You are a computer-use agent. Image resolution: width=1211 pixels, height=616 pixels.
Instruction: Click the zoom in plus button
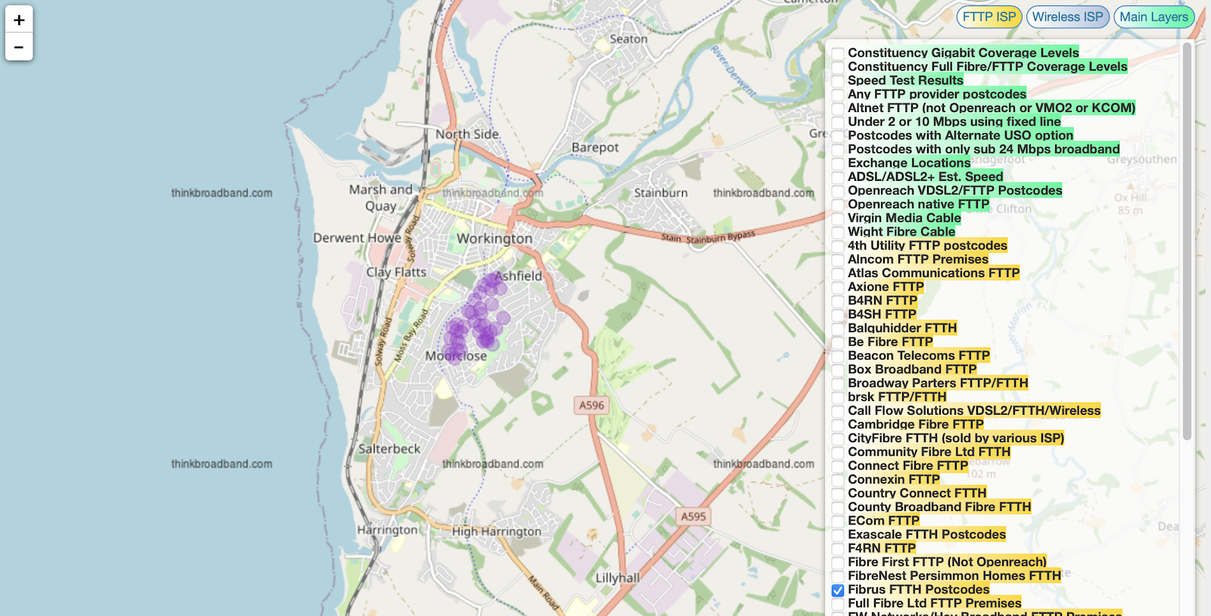(x=19, y=20)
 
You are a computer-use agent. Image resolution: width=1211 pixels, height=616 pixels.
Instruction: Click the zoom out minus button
(x=19, y=47)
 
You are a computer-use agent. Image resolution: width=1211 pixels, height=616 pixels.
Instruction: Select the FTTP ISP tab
(x=988, y=17)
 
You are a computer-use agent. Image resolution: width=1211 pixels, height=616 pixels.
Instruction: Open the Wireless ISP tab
(x=1067, y=17)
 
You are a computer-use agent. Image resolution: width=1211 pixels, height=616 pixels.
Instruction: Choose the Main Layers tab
(x=1153, y=17)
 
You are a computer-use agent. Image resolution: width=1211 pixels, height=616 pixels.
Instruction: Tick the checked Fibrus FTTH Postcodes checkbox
(x=838, y=590)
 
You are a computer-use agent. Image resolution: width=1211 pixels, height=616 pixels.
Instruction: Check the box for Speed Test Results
(x=838, y=81)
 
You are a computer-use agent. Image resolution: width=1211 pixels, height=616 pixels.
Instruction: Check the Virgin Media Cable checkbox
(x=838, y=219)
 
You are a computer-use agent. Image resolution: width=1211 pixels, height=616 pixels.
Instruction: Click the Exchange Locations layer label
(x=908, y=163)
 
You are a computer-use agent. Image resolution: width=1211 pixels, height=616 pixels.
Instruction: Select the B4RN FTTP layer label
(x=882, y=300)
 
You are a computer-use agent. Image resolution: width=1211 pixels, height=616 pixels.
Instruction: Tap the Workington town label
(x=494, y=238)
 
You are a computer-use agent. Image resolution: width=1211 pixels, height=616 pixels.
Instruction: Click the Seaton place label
(x=628, y=39)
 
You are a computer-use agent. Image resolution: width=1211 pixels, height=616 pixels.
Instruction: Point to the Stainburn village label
(x=661, y=193)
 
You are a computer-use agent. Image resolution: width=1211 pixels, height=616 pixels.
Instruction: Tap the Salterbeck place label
(x=389, y=449)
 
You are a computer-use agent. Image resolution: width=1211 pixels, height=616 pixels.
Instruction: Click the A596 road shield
(x=591, y=406)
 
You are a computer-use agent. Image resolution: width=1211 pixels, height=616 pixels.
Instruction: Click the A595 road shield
(x=693, y=517)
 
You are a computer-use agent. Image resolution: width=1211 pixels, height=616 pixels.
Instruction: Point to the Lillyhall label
(x=618, y=577)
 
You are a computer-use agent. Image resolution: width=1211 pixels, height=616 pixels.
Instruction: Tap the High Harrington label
(x=497, y=531)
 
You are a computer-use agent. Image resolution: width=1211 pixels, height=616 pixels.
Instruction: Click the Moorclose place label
(x=456, y=356)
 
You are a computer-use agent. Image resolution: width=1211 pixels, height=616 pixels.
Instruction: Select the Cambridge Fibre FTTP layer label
(x=915, y=425)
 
